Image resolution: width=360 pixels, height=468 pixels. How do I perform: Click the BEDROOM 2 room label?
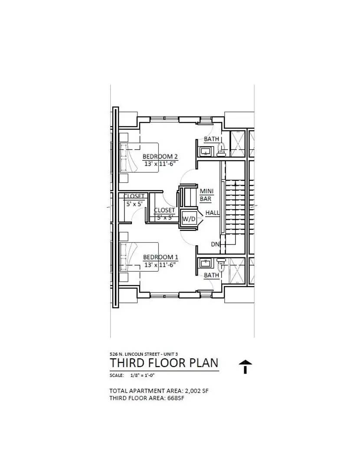[160, 156]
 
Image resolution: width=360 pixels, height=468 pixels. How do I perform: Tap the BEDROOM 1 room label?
[160, 257]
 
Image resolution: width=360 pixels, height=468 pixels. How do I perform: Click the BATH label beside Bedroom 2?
[212, 139]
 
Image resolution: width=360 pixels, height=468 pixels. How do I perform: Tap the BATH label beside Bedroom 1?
[212, 275]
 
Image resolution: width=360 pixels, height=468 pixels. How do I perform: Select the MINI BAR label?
[206, 195]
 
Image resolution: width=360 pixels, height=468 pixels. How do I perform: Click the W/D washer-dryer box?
[189, 219]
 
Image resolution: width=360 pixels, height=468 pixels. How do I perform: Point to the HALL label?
[213, 213]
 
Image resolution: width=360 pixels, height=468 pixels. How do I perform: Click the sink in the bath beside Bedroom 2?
[205, 151]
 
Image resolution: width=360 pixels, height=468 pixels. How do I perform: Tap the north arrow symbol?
[245, 367]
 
